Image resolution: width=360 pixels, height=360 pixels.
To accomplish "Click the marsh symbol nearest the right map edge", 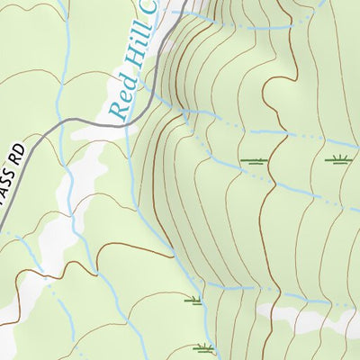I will (x=337, y=160).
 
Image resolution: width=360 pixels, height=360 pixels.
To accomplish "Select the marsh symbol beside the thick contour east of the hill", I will (x=255, y=161).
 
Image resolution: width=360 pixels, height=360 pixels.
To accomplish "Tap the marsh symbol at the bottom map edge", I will (x=204, y=347).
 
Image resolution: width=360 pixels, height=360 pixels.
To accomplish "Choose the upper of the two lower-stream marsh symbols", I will (x=193, y=301).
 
